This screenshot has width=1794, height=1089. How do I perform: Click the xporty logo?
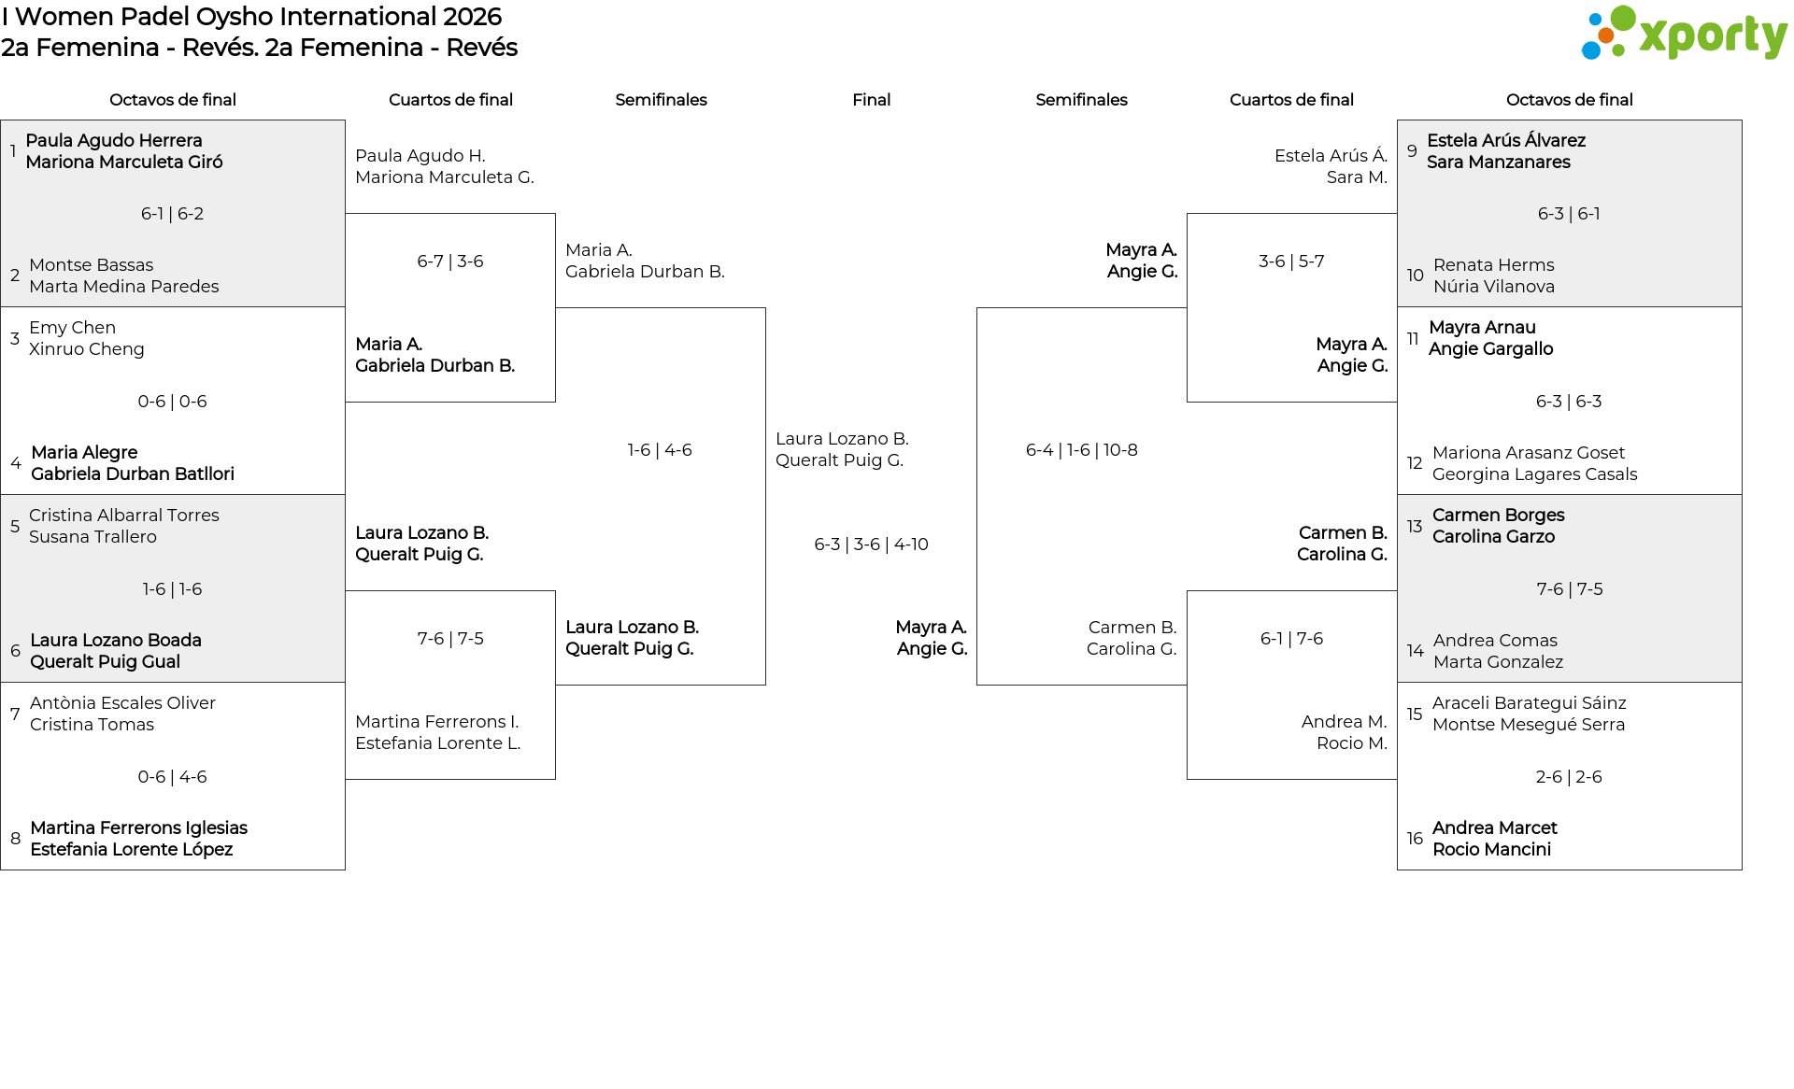[1684, 34]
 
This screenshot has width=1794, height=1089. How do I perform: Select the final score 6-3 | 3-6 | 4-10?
[871, 544]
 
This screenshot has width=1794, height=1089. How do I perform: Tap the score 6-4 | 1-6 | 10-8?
[1081, 450]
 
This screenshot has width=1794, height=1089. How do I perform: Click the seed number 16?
[1415, 839]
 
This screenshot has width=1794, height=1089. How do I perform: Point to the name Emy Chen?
[72, 328]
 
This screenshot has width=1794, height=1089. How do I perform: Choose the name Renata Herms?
[1493, 265]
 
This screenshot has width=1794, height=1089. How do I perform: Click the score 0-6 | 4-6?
[172, 777]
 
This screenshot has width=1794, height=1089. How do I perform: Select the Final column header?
[871, 100]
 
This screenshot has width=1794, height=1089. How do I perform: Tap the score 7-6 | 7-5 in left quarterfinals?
[450, 639]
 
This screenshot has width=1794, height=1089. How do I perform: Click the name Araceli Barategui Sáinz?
[1529, 703]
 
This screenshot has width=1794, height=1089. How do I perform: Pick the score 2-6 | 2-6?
[1569, 777]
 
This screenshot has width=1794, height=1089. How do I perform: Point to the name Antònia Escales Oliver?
[122, 703]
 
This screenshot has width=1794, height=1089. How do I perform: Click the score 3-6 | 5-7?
[1291, 262]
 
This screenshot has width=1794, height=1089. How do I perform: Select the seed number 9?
[1412, 151]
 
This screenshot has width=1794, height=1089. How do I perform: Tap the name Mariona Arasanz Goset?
[1529, 453]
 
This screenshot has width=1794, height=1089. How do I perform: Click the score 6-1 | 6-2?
[172, 214]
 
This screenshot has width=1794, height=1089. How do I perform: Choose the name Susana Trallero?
[93, 537]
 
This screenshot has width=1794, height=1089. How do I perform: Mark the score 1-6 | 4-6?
[660, 450]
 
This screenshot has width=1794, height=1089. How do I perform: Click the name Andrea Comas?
[1495, 641]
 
